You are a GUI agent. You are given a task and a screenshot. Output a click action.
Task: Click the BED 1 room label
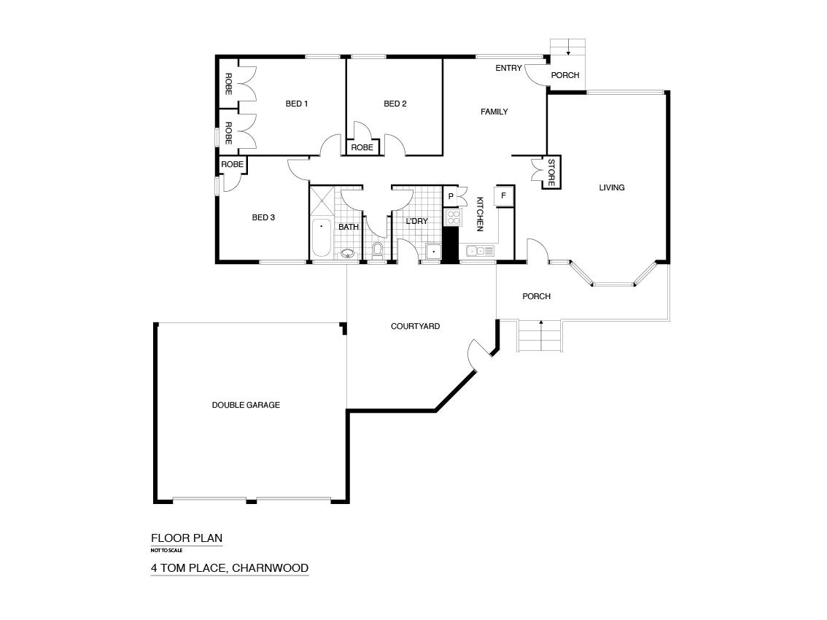coord(296,104)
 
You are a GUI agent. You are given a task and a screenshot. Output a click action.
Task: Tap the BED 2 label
coord(395,104)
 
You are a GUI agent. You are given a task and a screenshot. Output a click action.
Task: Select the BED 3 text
coord(263,217)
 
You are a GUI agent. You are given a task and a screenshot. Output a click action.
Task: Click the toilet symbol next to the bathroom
coord(377,252)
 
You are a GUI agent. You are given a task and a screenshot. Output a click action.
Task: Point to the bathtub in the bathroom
coord(321,238)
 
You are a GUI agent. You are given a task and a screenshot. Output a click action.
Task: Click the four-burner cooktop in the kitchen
coord(451,217)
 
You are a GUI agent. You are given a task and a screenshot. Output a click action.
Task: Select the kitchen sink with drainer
coord(479,252)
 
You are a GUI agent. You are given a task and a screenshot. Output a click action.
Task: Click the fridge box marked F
coord(503,196)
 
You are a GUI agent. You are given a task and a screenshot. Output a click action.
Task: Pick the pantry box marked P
coord(451,196)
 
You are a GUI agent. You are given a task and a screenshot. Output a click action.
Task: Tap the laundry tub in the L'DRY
coord(433,252)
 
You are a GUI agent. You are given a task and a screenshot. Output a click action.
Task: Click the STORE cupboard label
coord(551,173)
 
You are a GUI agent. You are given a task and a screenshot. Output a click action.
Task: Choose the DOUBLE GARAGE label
coord(246,405)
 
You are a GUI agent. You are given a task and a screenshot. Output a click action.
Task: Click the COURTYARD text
coord(415,326)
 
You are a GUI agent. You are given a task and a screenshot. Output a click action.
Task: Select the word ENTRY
coord(508,69)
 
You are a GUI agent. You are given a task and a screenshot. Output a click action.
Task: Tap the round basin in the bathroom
coord(348,254)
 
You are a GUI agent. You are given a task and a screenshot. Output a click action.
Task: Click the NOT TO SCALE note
coord(167,551)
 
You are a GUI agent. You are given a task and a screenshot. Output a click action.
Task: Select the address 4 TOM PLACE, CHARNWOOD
coord(230,567)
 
